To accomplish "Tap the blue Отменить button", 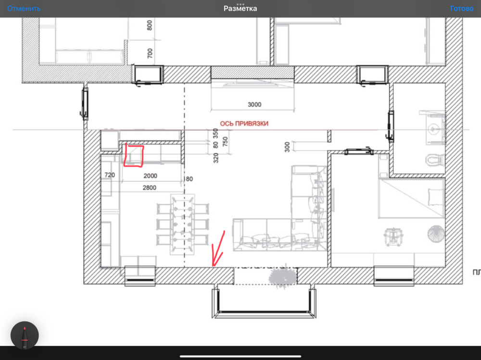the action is coord(24,9).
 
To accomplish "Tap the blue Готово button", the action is coord(462,9).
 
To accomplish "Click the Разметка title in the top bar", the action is coord(240,9).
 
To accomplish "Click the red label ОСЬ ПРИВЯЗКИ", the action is coord(244,124).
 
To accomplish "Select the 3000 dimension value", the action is coord(254,105).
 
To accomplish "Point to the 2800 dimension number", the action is coord(150,187).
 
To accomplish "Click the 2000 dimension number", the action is coord(150,176).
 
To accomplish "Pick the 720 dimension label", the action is coord(110,175).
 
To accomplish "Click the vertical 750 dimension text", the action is coord(225,142).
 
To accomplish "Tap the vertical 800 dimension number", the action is coord(150,25).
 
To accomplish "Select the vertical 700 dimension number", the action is coord(150,53).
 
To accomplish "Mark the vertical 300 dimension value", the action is coord(287,147).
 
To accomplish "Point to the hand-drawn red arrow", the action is coord(218,248).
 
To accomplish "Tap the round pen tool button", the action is coord(25,335).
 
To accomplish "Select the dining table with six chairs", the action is coord(183,224).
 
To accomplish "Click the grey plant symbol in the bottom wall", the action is coord(283,277).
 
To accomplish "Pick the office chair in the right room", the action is coord(393,236).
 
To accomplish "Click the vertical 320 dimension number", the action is coord(216,158).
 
